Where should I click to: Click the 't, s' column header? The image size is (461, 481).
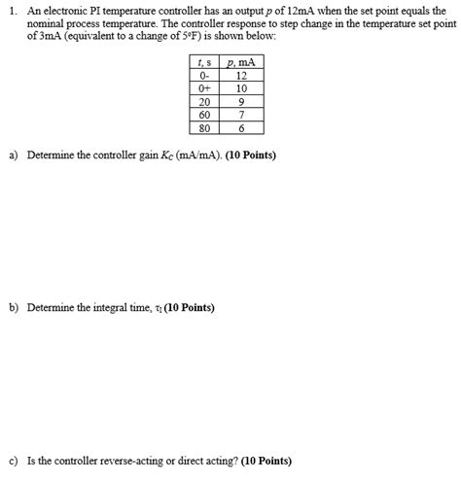(205, 63)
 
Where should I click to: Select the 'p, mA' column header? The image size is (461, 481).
(242, 63)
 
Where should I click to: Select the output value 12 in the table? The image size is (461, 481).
(242, 76)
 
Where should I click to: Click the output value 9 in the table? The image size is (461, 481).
(242, 101)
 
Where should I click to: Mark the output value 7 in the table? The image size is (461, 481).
(242, 114)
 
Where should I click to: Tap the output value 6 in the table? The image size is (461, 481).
(242, 126)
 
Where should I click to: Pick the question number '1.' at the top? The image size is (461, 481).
(10, 8)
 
